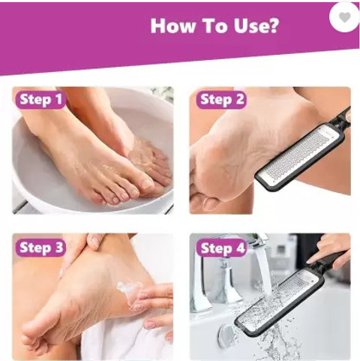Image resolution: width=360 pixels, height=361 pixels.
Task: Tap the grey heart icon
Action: [x=345, y=17]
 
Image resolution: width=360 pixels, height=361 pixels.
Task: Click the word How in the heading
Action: [x=172, y=26]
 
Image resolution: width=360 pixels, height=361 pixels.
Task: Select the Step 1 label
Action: [x=40, y=100]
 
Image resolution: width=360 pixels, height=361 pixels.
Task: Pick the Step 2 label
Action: [x=221, y=100]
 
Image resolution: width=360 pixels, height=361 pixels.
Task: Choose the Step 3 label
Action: [x=40, y=248]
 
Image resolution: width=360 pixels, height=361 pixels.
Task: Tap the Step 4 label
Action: [x=222, y=248]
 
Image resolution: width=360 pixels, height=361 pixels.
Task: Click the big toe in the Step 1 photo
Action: [x=145, y=183]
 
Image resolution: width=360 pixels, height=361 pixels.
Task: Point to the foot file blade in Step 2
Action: [x=301, y=156]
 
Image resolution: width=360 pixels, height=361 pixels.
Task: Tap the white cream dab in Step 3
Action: [x=130, y=287]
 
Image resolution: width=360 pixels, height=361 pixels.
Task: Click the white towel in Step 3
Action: [x=125, y=338]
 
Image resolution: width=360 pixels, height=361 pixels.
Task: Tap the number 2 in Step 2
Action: [x=239, y=99]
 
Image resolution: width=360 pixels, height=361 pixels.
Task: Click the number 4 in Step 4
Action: [x=239, y=248]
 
